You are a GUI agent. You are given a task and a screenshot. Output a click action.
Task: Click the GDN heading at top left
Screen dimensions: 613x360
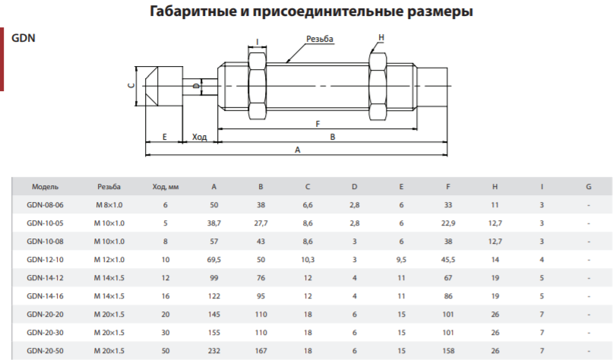(x=24, y=38)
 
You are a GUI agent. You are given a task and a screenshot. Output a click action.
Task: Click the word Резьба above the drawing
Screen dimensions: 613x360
(x=320, y=39)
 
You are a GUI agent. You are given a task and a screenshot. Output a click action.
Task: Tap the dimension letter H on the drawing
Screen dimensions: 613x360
(x=381, y=37)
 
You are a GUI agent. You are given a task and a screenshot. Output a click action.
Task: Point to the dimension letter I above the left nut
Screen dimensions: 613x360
(x=258, y=42)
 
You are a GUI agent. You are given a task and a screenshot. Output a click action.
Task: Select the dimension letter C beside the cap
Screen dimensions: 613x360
(x=131, y=86)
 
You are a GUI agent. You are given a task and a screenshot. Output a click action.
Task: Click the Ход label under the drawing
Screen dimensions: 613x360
(x=199, y=137)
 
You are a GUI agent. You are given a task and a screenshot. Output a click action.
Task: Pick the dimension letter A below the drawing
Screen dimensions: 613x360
(x=298, y=150)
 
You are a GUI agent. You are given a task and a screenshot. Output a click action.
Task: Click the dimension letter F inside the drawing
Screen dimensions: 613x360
(x=318, y=124)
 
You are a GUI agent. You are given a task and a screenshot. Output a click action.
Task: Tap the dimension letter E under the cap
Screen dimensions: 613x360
(x=165, y=137)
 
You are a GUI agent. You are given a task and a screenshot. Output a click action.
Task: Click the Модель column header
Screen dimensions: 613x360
(x=45, y=187)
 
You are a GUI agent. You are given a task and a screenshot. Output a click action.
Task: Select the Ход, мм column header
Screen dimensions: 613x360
(x=166, y=187)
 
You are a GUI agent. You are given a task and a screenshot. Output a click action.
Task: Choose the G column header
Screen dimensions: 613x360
(x=589, y=187)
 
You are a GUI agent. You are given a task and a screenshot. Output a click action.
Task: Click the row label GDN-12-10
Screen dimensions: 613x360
(x=45, y=260)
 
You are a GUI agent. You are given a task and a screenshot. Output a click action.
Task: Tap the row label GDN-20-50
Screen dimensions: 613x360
(x=45, y=351)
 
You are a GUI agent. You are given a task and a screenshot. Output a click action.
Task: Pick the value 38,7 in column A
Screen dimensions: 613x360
(x=214, y=223)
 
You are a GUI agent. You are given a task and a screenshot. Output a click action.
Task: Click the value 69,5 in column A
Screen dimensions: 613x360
(x=214, y=260)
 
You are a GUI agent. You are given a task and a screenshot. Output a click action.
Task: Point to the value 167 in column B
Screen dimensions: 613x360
(x=261, y=351)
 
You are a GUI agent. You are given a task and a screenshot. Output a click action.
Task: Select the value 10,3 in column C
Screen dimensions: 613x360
(x=308, y=260)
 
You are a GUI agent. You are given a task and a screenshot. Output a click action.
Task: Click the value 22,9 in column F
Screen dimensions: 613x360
(x=448, y=223)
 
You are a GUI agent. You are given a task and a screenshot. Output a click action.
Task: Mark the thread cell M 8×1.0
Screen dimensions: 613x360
(x=109, y=205)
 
